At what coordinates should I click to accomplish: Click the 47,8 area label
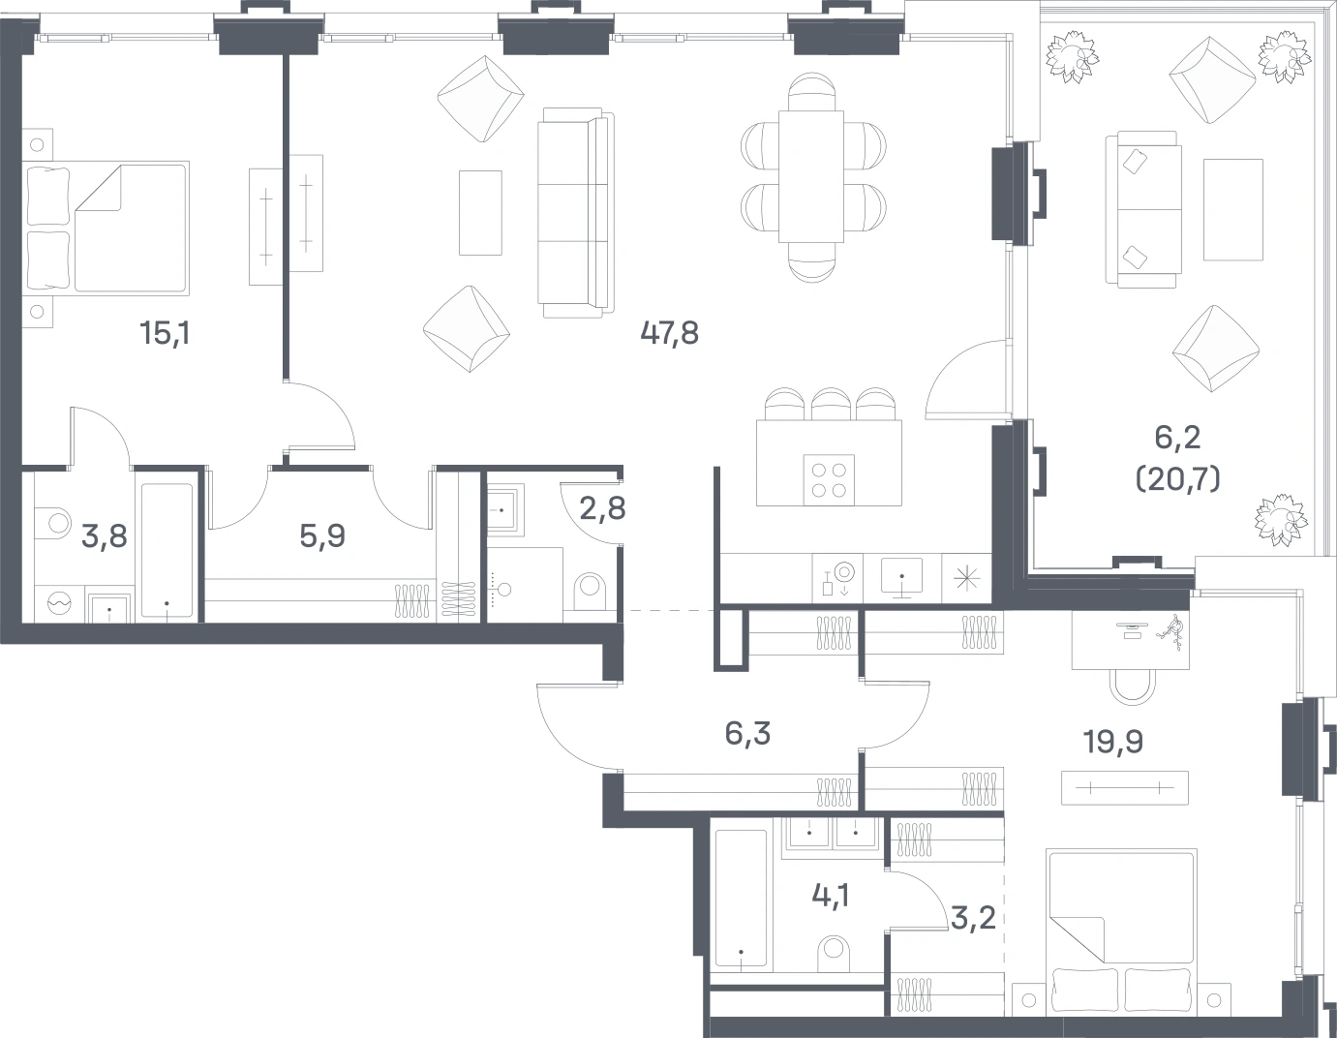(x=669, y=333)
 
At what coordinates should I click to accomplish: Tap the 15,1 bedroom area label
(x=165, y=333)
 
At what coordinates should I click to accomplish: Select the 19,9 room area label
(x=1113, y=743)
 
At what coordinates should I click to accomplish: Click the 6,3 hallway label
(x=747, y=734)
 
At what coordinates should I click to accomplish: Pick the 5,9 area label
(x=322, y=535)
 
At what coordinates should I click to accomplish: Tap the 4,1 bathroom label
(x=831, y=897)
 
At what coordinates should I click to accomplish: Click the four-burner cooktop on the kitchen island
(x=829, y=480)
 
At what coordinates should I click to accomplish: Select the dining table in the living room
(x=811, y=176)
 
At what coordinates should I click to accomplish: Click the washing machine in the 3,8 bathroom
(x=59, y=604)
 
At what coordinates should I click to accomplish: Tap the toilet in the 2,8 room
(x=590, y=592)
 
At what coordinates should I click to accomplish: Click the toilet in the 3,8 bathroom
(x=54, y=524)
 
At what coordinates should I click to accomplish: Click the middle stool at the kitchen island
(x=831, y=404)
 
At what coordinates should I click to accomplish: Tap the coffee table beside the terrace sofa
(x=1233, y=209)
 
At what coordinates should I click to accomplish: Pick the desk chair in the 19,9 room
(x=1133, y=687)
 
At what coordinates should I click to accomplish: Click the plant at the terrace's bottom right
(x=1281, y=520)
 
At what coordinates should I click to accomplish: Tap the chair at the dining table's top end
(x=812, y=92)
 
